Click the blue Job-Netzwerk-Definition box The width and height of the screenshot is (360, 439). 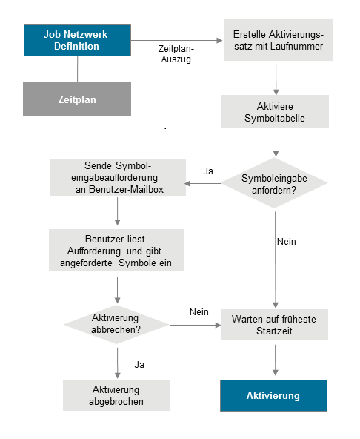click(77, 41)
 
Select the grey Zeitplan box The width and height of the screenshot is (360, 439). click(77, 99)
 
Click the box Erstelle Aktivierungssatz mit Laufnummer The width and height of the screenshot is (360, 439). click(276, 42)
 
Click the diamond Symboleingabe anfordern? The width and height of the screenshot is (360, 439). click(276, 183)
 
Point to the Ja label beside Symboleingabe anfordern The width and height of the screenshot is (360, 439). click(208, 171)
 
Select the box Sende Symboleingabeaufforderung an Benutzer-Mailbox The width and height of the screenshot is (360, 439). click(118, 178)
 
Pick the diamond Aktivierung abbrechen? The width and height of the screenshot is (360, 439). click(118, 323)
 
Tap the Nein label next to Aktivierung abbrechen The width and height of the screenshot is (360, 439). click(199, 312)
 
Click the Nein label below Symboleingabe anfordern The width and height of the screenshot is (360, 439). click(286, 242)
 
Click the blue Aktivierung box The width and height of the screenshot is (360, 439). click(273, 395)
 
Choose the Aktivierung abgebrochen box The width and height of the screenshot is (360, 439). click(118, 395)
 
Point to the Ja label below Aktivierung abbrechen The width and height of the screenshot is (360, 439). click(139, 364)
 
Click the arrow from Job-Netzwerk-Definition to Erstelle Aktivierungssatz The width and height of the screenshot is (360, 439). click(178, 40)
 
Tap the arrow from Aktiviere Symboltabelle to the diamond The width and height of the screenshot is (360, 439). click(276, 142)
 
